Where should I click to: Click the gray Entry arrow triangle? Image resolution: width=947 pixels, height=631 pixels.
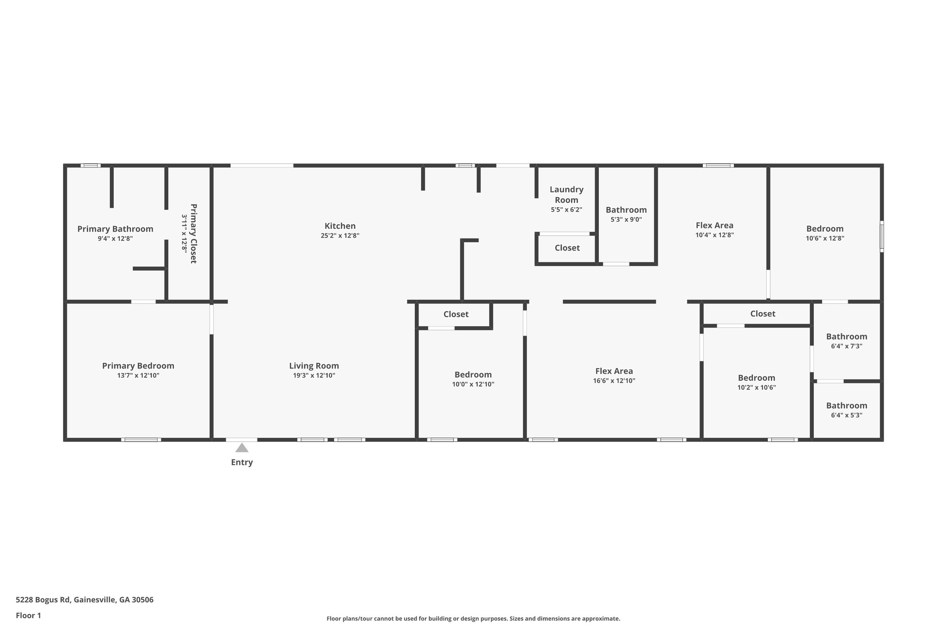point(242,447)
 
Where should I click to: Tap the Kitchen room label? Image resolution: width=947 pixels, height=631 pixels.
point(340,226)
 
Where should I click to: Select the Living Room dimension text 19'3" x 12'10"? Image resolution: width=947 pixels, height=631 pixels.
point(314,375)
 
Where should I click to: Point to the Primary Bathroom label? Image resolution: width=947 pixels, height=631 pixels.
point(115,229)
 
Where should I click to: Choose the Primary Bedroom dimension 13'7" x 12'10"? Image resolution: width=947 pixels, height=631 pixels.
point(138,375)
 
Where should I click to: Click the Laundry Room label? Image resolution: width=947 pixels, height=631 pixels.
point(566,195)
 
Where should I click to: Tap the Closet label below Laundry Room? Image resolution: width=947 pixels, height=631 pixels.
point(567,248)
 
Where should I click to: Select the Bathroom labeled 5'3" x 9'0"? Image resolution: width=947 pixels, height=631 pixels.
point(626,210)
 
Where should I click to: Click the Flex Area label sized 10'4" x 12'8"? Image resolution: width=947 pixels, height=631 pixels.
point(714,226)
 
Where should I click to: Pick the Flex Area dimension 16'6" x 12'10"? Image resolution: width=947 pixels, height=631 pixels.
point(614,381)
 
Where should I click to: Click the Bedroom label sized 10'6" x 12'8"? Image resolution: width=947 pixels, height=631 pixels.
point(825,229)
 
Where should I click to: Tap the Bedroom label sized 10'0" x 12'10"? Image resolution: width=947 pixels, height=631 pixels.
point(473,375)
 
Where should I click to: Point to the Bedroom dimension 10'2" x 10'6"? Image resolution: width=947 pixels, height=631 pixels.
point(756,388)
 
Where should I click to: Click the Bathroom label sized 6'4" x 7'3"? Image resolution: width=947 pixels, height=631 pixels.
point(847,337)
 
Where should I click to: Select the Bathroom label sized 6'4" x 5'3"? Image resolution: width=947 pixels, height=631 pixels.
point(847,405)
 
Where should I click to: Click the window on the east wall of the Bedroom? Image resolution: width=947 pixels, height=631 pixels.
point(881,237)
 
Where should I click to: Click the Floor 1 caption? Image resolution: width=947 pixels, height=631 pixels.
point(29,615)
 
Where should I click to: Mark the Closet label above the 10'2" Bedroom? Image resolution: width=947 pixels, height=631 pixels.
point(763,314)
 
